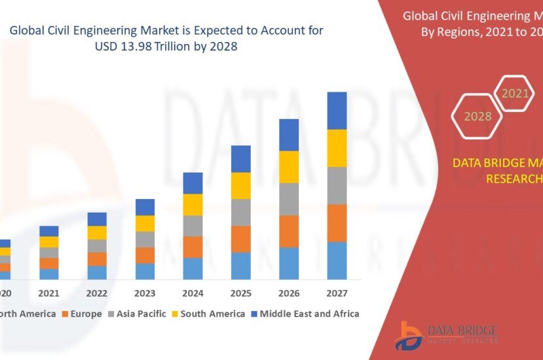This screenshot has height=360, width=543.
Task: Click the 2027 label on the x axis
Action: tap(337, 293)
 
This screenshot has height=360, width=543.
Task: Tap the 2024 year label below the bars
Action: tap(193, 293)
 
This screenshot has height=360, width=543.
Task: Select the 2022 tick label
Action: tap(97, 293)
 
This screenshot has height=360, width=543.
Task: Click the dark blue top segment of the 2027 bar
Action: tap(337, 111)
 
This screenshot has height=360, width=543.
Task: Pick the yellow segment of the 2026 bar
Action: tap(289, 167)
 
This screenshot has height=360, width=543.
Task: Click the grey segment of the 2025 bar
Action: tap(240, 212)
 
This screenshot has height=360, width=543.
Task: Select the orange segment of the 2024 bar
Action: tap(193, 247)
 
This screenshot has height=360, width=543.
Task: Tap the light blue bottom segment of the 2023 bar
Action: tap(145, 271)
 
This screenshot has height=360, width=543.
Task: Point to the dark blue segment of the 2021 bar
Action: tap(49, 231)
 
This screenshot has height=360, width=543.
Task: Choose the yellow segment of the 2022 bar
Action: tap(97, 232)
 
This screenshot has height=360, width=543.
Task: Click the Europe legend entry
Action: tap(82, 314)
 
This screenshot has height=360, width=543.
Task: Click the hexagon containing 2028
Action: tap(477, 117)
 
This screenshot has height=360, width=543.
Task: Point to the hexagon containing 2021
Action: tap(515, 94)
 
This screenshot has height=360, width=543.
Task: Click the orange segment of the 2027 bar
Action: tap(337, 223)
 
